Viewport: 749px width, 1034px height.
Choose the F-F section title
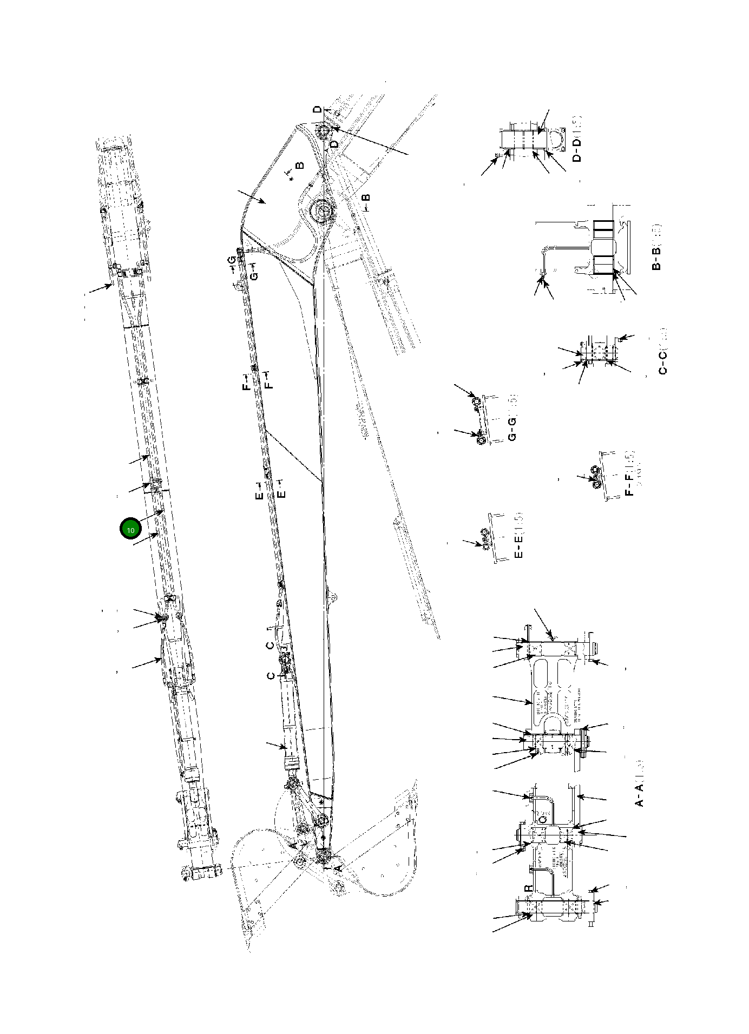(x=629, y=473)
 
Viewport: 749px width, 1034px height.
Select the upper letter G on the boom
(x=232, y=261)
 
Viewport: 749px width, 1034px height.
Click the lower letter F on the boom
(x=269, y=383)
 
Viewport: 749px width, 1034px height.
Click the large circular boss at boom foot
(x=321, y=210)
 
